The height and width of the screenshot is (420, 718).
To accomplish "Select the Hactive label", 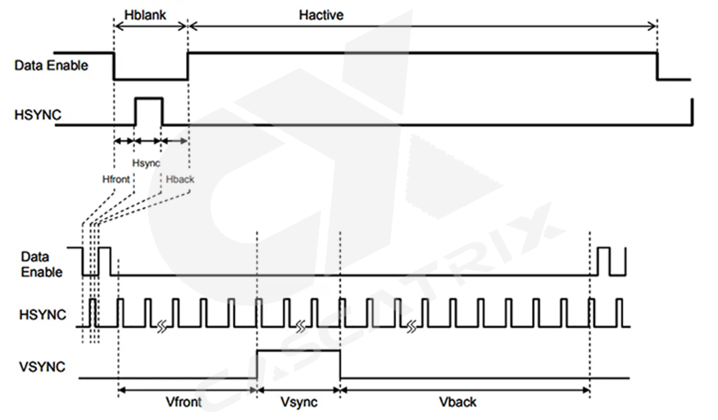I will tap(321, 14).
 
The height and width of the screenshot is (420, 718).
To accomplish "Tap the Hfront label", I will tap(116, 179).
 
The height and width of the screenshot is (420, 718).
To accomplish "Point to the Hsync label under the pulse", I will tap(146, 163).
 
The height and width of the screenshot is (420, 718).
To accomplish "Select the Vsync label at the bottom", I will tap(299, 402).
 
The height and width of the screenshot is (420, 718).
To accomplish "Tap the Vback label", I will tap(458, 402).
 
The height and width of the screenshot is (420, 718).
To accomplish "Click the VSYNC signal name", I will tap(41, 366).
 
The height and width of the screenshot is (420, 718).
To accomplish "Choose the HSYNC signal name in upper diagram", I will tap(38, 115).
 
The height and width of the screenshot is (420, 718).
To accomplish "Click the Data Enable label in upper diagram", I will tap(51, 65).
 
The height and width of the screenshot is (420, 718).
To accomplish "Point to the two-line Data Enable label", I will tap(41, 264).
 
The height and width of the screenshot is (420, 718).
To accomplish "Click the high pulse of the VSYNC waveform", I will tap(298, 351).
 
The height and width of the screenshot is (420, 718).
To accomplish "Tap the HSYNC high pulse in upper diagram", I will tap(148, 98).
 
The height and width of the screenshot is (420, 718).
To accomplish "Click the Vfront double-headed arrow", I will tap(187, 390).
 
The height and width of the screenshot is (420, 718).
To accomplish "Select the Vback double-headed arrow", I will tap(465, 390).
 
